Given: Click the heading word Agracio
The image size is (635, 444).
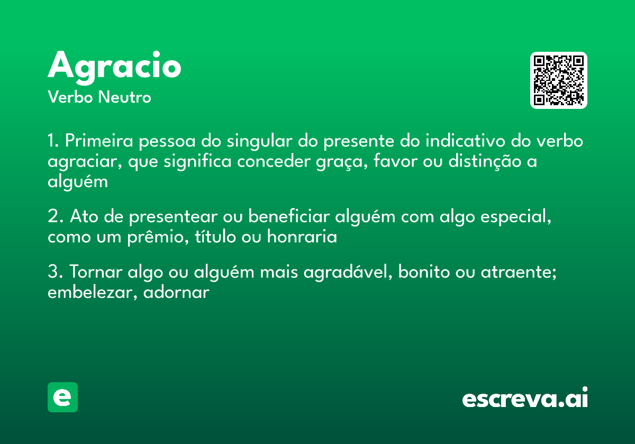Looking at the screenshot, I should (x=114, y=67).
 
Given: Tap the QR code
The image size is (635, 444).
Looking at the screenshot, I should (x=559, y=80).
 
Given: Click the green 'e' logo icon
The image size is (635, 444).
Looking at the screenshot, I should (x=62, y=397).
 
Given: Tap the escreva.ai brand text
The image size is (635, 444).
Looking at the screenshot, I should (x=524, y=399).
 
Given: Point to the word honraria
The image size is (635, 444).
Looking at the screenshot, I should (x=302, y=237).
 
